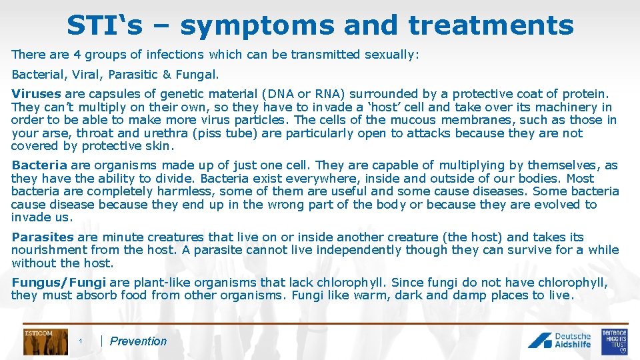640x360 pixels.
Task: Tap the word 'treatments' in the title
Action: coord(491,25)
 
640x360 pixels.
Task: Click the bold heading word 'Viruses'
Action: coord(36,94)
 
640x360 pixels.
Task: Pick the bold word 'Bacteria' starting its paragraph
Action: coord(39,165)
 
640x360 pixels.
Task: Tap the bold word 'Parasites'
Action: coord(43,237)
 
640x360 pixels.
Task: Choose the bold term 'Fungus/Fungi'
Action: coord(59,283)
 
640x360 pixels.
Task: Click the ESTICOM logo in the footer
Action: coord(45,341)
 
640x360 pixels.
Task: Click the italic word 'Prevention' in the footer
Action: coord(138,341)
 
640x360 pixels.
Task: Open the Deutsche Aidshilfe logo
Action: coord(560,341)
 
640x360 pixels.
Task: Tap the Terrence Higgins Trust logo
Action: coord(614,341)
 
